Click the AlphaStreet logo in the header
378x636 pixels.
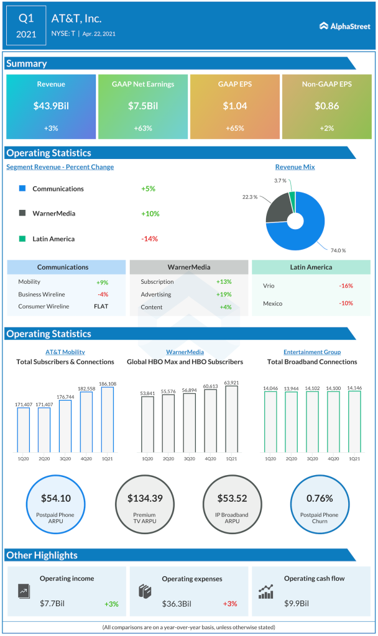pyautogui.click(x=344, y=26)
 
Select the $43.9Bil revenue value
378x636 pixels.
pyautogui.click(x=51, y=106)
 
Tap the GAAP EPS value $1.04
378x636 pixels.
pyautogui.click(x=235, y=106)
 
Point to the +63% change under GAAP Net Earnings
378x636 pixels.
pyautogui.click(x=143, y=128)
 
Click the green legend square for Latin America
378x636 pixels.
pyautogui.click(x=22, y=239)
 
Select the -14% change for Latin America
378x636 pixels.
pyautogui.click(x=150, y=239)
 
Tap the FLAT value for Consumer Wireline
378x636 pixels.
pyautogui.click(x=101, y=306)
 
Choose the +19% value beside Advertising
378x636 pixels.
pyautogui.click(x=224, y=294)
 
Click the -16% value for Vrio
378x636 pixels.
pyautogui.click(x=346, y=286)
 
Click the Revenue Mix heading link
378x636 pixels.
pyautogui.click(x=295, y=167)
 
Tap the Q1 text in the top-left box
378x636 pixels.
pyautogui.click(x=27, y=18)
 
